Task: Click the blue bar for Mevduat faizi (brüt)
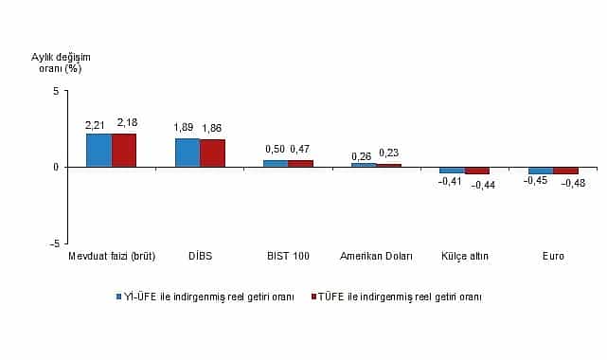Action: point(98,150)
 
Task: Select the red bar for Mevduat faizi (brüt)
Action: point(124,150)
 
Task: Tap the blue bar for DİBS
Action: point(187,153)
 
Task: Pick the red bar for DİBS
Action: point(212,153)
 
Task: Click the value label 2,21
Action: point(96,124)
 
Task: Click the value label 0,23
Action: point(389,153)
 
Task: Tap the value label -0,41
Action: point(449,181)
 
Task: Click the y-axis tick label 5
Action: point(56,91)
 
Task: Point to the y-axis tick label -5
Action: point(54,243)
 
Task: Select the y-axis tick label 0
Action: point(56,167)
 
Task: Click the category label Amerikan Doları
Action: point(376,257)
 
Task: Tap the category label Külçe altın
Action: point(464,257)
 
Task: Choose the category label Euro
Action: point(553,257)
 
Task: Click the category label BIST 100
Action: point(287,257)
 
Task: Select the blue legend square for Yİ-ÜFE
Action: point(120,297)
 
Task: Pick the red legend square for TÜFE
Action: point(313,297)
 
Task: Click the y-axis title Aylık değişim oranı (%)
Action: point(56,63)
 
